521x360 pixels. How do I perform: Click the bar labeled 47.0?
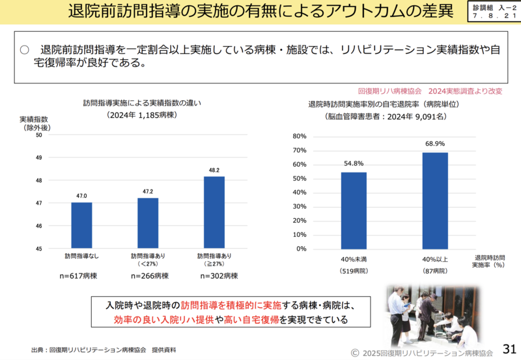[81, 225]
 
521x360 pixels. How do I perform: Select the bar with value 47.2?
[148, 223]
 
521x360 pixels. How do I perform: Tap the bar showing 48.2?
[214, 212]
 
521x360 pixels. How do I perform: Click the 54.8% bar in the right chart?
[354, 210]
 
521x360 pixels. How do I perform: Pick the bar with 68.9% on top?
[435, 201]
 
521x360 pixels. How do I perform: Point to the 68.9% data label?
[435, 143]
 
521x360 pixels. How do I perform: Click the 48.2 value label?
[214, 171]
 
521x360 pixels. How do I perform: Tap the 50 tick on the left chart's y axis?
[38, 135]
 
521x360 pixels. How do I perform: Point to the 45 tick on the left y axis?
[38, 249]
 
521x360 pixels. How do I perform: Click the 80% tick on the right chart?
[299, 137]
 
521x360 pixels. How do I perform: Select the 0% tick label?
[301, 249]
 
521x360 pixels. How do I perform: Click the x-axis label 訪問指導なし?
[81, 256]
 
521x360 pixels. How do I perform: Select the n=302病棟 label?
[214, 276]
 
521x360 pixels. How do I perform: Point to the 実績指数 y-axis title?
[33, 120]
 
